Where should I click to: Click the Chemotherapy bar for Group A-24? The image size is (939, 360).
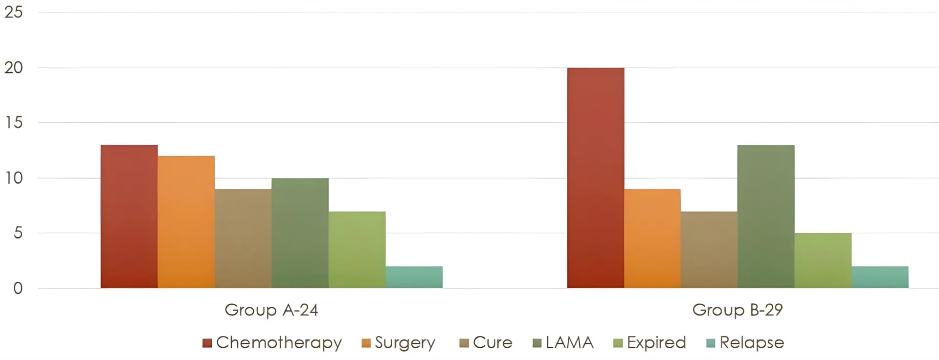click(129, 216)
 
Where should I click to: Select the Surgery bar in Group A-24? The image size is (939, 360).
click(186, 222)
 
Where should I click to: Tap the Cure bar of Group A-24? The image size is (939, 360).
click(243, 238)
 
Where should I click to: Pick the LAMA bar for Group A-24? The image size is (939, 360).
click(300, 233)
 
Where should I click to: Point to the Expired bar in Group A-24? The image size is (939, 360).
click(357, 249)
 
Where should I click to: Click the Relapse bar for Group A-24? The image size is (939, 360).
click(414, 277)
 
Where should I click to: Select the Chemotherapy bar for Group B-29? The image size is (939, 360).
click(596, 178)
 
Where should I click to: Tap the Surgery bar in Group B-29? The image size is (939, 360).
click(652, 238)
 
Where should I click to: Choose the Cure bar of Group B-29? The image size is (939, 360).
click(709, 249)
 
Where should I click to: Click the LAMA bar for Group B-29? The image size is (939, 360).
click(766, 216)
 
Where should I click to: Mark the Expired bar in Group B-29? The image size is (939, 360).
click(823, 260)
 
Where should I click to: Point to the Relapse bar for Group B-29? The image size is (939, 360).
click(880, 277)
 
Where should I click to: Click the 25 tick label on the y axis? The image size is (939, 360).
click(14, 12)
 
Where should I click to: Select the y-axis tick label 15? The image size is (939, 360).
click(14, 122)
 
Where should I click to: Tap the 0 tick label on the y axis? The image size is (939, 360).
click(18, 288)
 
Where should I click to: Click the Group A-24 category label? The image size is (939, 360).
click(271, 310)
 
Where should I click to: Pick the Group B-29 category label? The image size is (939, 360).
click(738, 310)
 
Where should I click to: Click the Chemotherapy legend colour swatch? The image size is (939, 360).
click(207, 343)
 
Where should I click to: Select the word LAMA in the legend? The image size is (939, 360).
click(569, 342)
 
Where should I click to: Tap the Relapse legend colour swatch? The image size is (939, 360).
click(711, 343)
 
